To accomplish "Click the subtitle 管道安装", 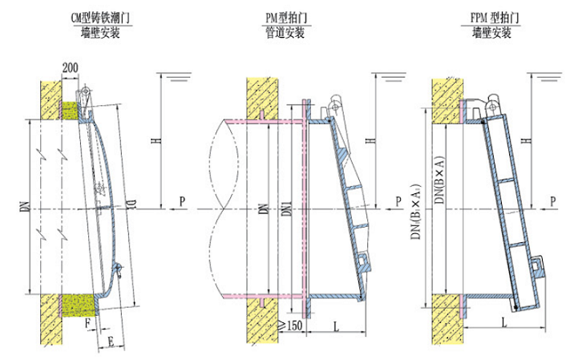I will (x=287, y=33).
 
